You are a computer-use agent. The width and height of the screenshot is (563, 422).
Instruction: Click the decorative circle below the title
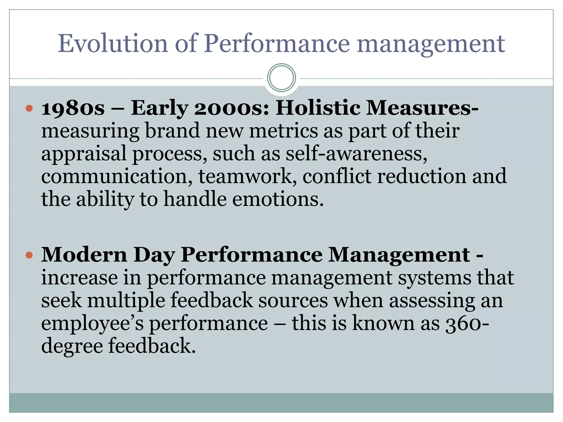coord(281,78)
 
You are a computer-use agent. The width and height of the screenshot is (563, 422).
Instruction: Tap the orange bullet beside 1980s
coord(29,108)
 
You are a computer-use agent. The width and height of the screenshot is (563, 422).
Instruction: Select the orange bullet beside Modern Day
coord(29,255)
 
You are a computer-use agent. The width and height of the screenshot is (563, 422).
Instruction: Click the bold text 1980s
coord(73,108)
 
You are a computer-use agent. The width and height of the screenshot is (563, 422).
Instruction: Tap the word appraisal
coord(84,154)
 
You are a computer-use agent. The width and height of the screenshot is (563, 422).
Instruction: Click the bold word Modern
coord(84,255)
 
